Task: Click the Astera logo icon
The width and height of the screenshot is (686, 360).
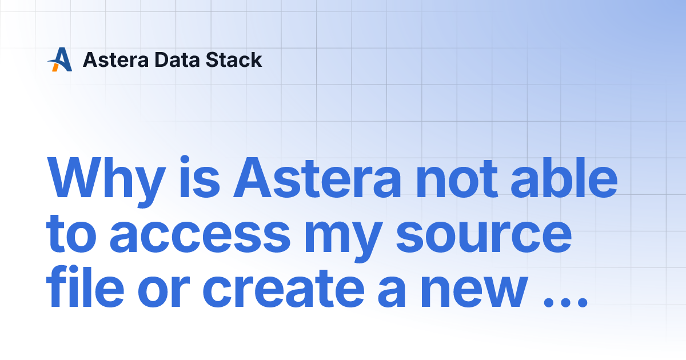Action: click(x=59, y=59)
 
